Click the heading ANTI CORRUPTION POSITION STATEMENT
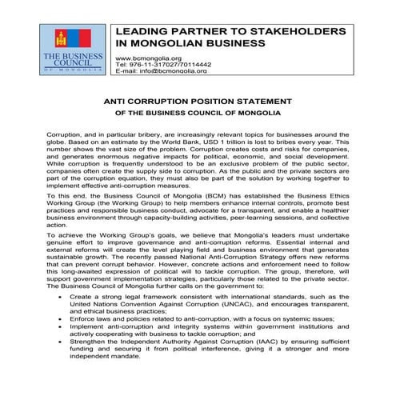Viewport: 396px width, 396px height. coord(197,103)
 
